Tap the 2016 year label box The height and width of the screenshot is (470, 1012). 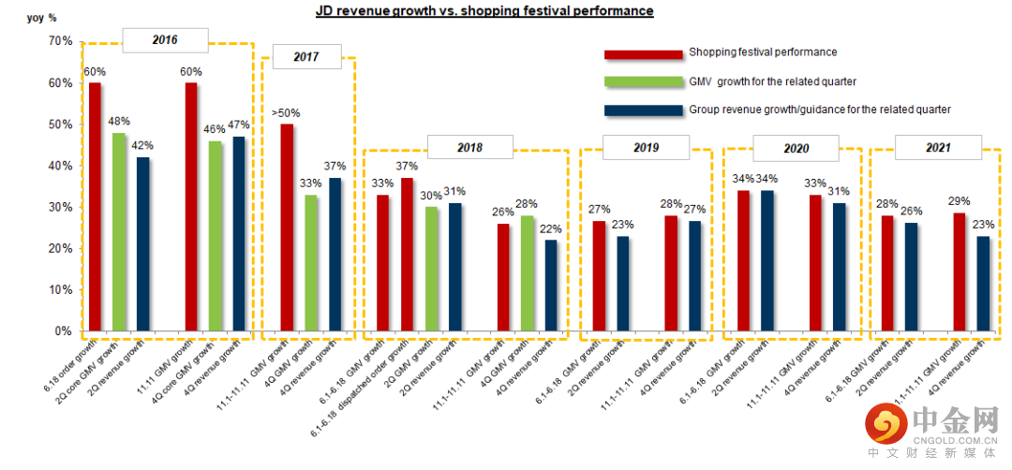pos(165,40)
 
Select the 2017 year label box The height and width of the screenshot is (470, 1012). pos(305,57)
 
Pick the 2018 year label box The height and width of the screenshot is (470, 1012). pos(470,147)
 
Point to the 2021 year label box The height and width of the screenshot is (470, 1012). pos(938,147)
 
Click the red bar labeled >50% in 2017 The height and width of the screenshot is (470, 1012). pos(287,228)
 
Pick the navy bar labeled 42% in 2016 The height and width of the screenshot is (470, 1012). pos(142,244)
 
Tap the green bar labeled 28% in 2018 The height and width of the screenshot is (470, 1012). pos(528,273)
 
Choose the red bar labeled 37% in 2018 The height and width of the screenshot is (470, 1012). pos(407,255)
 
